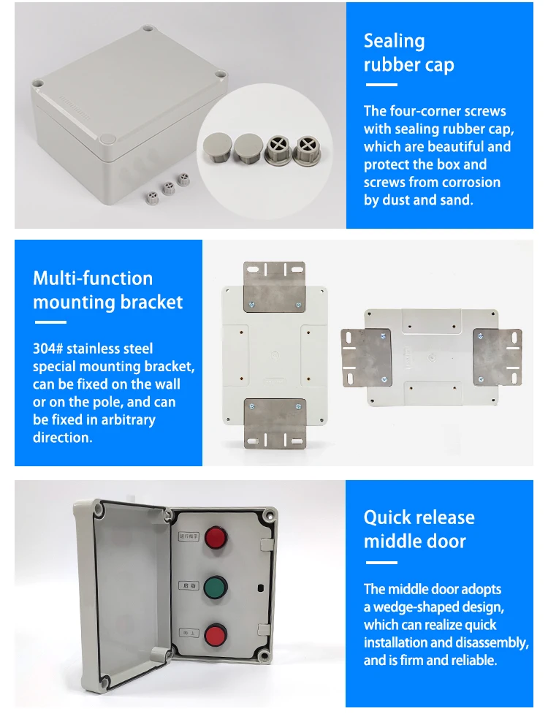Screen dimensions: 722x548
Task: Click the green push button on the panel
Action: point(216,587)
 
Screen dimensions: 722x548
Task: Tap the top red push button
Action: point(216,539)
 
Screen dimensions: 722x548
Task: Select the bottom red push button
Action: point(216,634)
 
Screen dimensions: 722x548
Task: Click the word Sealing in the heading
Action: point(394,41)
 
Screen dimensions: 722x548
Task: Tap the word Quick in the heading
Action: point(388,518)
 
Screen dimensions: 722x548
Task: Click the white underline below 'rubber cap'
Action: point(380,85)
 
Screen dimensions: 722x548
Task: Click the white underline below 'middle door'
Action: point(380,563)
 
